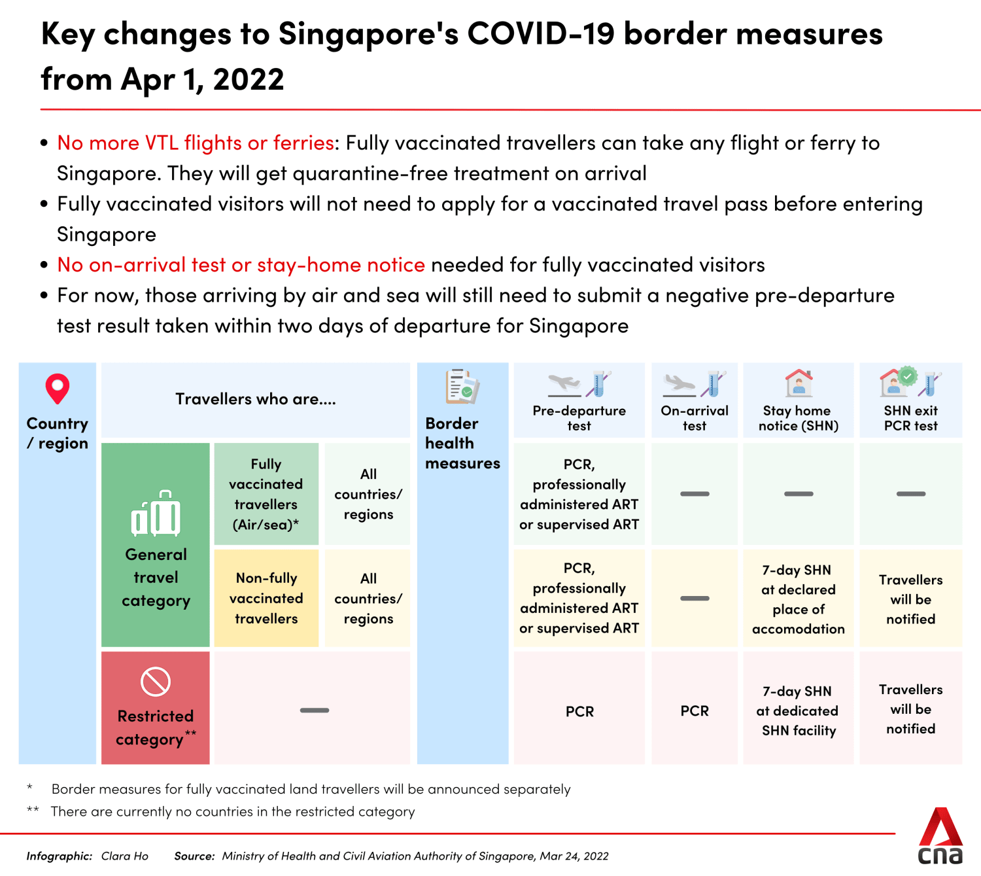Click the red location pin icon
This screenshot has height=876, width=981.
click(x=58, y=389)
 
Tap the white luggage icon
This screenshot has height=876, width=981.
click(x=156, y=514)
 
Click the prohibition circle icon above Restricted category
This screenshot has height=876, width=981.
click(x=156, y=682)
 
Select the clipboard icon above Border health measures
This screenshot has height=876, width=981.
click(x=462, y=387)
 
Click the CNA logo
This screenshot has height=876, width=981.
click(x=940, y=836)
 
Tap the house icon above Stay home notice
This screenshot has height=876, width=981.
click(x=799, y=383)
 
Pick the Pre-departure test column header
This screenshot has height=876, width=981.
click(x=579, y=417)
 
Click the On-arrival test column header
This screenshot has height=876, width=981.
click(x=695, y=417)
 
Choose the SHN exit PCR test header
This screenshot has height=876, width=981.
click(x=910, y=417)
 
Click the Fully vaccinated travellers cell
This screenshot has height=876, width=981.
click(x=266, y=494)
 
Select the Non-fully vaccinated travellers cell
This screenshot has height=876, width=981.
click(x=266, y=598)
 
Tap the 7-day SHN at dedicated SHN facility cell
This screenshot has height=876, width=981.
click(x=798, y=710)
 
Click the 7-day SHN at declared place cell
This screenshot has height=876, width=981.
click(x=798, y=599)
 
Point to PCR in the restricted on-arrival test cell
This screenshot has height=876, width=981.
click(x=695, y=711)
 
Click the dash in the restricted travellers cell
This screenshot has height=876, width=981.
click(x=315, y=710)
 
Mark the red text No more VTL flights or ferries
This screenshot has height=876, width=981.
click(x=196, y=143)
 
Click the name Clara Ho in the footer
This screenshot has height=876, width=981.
click(x=125, y=856)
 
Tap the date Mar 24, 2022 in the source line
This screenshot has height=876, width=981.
click(x=574, y=856)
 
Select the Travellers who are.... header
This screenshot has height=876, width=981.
click(x=256, y=399)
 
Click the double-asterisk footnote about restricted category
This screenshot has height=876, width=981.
click(x=232, y=811)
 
